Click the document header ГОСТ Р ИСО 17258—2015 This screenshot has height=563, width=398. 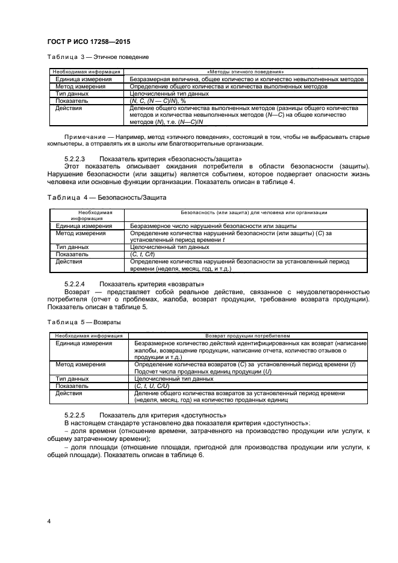tap(89, 42)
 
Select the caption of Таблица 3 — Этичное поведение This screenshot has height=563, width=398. tap(98, 57)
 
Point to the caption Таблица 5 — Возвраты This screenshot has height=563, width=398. tap(84, 322)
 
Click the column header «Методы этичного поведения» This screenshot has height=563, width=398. tap(245, 72)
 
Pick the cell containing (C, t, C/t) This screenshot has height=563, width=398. tap(142, 254)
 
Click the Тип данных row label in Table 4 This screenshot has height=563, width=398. tap(72, 247)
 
